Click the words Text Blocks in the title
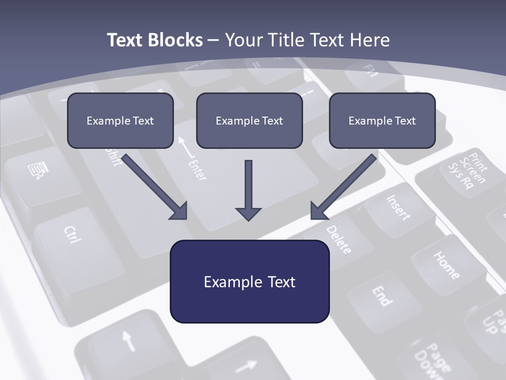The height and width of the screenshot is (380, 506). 154,40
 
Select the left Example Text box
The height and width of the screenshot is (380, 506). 120,120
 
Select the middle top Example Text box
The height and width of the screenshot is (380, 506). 249,120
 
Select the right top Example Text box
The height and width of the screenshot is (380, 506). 382,120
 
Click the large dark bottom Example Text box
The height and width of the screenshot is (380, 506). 249,281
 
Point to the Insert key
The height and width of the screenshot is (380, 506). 398,207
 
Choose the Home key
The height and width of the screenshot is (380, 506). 446,264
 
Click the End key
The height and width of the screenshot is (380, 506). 382,296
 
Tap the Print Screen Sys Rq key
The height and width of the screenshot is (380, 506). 466,172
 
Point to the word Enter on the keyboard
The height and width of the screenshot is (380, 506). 196,169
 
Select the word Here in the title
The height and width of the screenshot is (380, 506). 372,40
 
